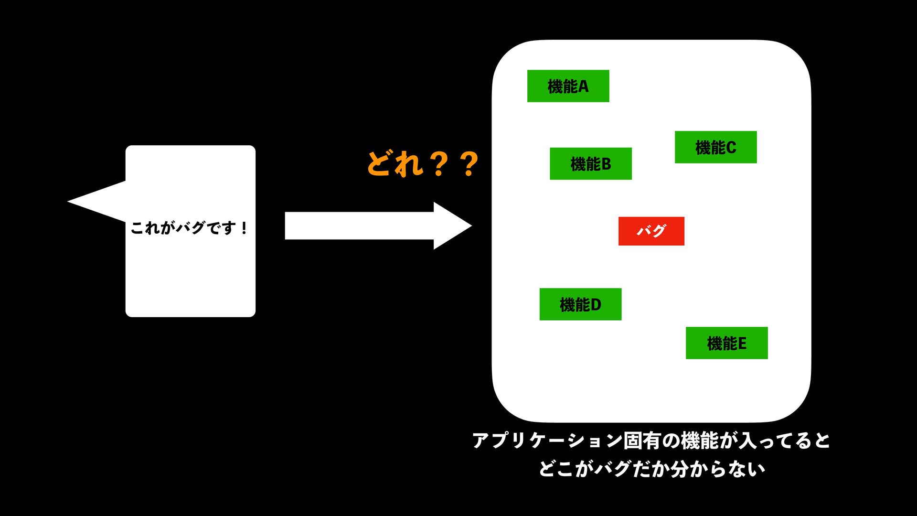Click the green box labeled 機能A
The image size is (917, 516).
tap(568, 86)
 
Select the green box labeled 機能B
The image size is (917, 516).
tap(590, 164)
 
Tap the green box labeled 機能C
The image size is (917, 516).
tap(715, 147)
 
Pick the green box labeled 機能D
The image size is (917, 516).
tap(580, 304)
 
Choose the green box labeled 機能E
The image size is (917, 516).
tap(726, 343)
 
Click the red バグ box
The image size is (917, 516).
tap(651, 231)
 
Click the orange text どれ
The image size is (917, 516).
tap(395, 164)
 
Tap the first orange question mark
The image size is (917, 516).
tap(438, 164)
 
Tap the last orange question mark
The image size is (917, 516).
tap(469, 164)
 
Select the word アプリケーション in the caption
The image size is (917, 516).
tap(547, 441)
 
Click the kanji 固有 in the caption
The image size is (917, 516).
tap(642, 441)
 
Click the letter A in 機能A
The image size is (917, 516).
tap(583, 86)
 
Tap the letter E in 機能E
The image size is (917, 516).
tap(742, 344)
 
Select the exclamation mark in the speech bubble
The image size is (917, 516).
tap(244, 228)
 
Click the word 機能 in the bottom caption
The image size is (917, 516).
tap(700, 441)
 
